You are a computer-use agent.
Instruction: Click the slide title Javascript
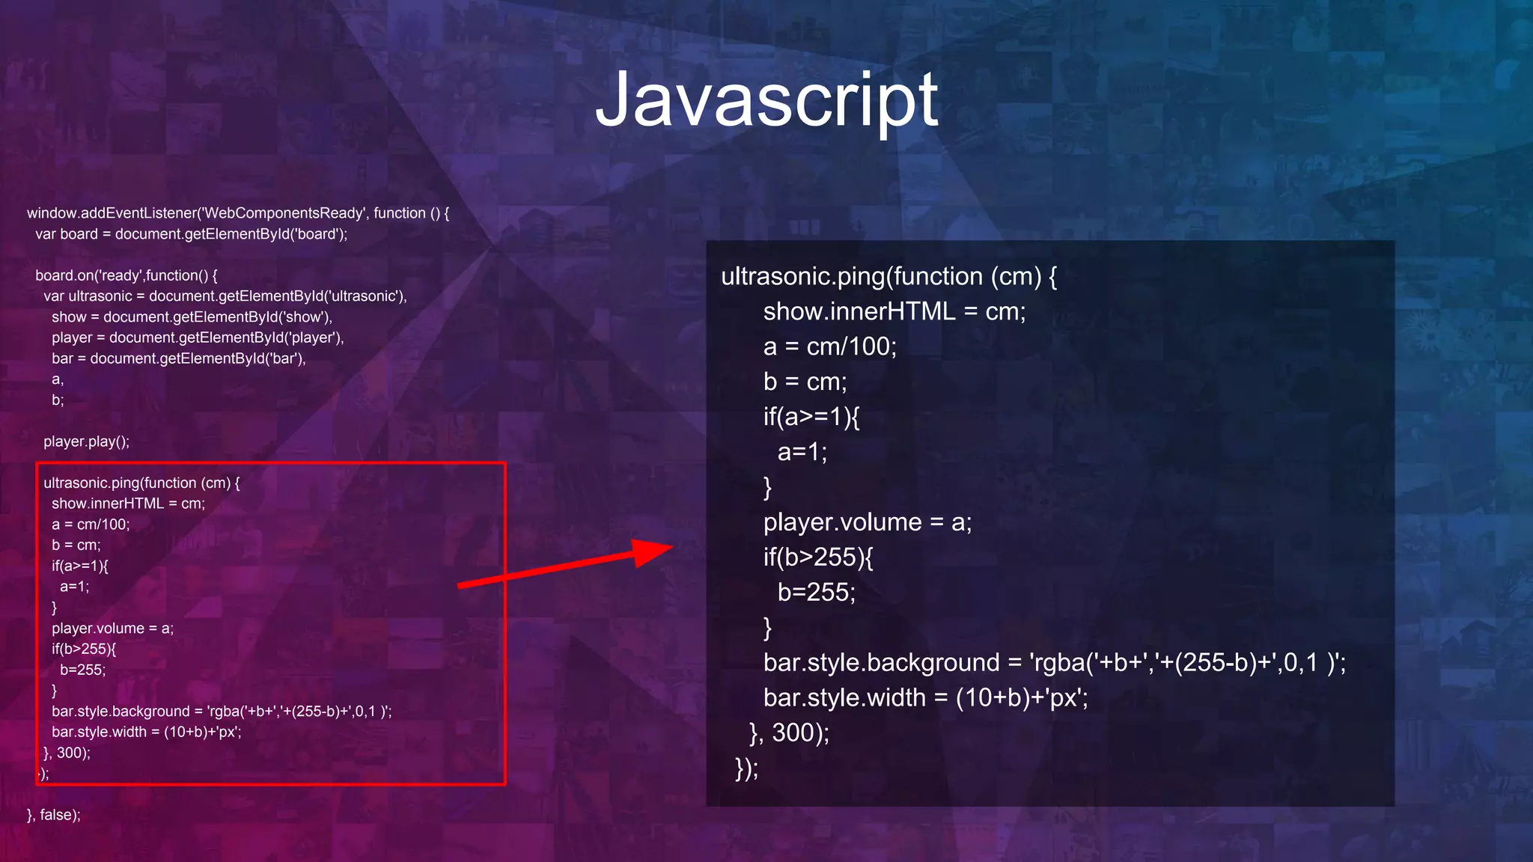pyautogui.click(x=766, y=100)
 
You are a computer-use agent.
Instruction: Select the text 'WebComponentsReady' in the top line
pyautogui.click(x=284, y=213)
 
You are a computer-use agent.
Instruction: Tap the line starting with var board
pyautogui.click(x=192, y=234)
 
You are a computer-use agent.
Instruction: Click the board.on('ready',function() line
pyautogui.click(x=127, y=275)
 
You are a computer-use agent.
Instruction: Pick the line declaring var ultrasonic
pyautogui.click(x=225, y=296)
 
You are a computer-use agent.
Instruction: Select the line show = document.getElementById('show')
pyautogui.click(x=192, y=317)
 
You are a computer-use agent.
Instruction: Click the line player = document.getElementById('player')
pyautogui.click(x=198, y=337)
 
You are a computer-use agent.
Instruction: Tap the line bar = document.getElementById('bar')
pyautogui.click(x=179, y=358)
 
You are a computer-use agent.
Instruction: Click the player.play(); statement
pyautogui.click(x=86, y=441)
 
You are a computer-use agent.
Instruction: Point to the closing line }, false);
pyautogui.click(x=54, y=815)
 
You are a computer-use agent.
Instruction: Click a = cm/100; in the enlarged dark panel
pyautogui.click(x=829, y=346)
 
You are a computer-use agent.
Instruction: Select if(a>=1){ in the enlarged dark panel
pyautogui.click(x=811, y=417)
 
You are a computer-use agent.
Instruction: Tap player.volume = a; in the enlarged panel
pyautogui.click(x=867, y=522)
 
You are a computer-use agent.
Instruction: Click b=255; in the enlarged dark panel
pyautogui.click(x=816, y=593)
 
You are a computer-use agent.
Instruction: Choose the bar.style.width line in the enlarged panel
pyautogui.click(x=925, y=698)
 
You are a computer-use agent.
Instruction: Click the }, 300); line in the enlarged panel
pyautogui.click(x=789, y=733)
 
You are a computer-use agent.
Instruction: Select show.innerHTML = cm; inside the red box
pyautogui.click(x=128, y=504)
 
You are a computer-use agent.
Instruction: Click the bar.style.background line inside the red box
pyautogui.click(x=222, y=712)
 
